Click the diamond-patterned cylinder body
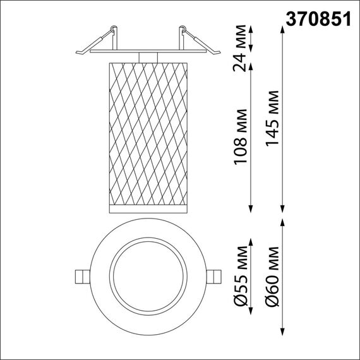tap(147, 133)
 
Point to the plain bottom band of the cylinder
tap(147, 208)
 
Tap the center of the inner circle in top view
tap(147, 277)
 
